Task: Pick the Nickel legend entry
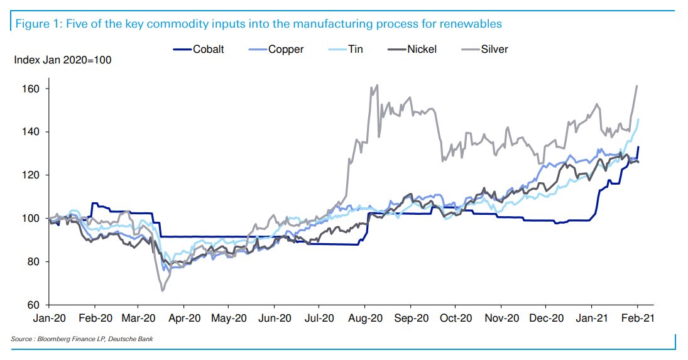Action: click(x=421, y=49)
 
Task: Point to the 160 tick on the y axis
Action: click(x=31, y=89)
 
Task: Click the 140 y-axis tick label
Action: click(x=31, y=132)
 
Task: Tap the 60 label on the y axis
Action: click(x=34, y=305)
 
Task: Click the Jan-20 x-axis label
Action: click(x=50, y=318)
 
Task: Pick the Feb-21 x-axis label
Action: click(x=638, y=318)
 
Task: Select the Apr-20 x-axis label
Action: click(x=186, y=318)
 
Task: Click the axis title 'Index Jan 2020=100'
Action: click(x=63, y=60)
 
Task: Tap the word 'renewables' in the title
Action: click(x=470, y=24)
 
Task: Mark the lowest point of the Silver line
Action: click(x=163, y=290)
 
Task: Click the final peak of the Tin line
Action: click(x=638, y=119)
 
